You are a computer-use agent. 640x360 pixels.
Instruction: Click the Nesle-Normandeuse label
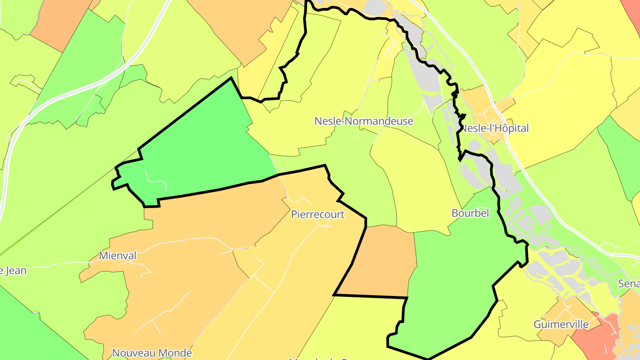point(364,121)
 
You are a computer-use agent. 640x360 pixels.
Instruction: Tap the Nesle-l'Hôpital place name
point(495,128)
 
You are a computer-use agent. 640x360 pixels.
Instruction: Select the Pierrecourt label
point(317,214)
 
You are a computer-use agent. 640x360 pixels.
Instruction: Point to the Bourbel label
point(470,213)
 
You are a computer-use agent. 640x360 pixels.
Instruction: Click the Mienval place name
point(117,256)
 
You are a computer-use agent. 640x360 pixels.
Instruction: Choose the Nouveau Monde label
point(152,353)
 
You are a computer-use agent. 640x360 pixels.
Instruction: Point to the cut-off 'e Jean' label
point(13,270)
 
